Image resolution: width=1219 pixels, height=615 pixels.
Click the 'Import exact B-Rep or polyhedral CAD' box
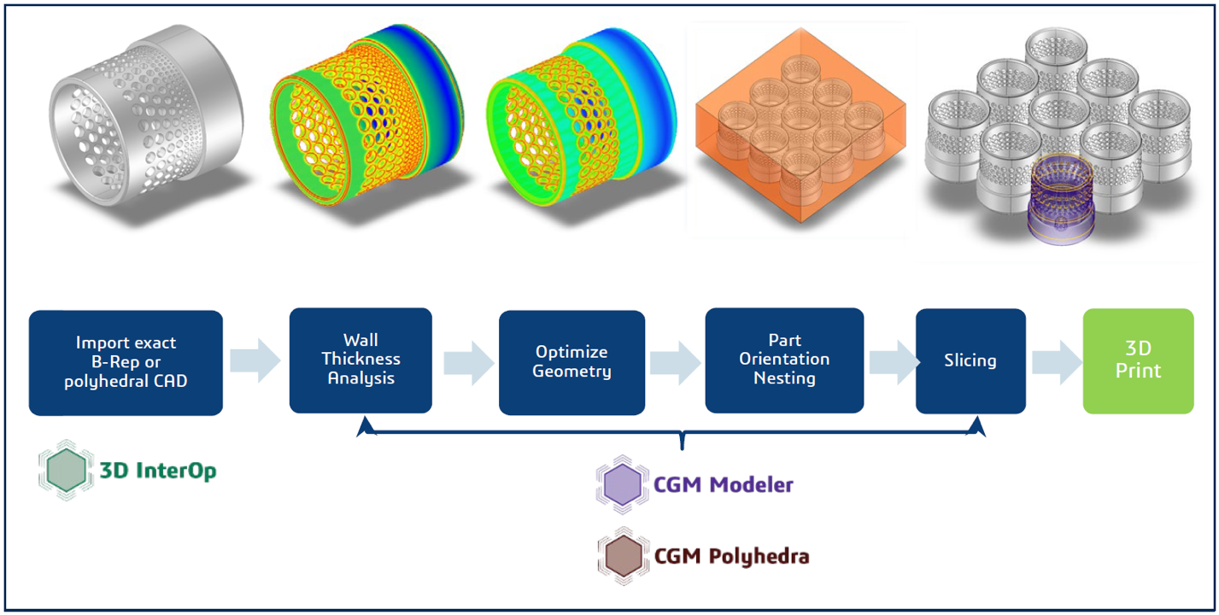[x=126, y=362]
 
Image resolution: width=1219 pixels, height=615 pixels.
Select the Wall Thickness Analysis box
[x=360, y=360]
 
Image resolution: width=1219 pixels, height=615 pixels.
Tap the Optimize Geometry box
[x=571, y=362]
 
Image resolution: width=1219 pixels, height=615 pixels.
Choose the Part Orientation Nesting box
[x=784, y=360]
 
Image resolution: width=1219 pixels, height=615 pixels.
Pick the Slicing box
[x=970, y=360]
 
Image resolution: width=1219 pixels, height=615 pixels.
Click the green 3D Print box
[x=1138, y=360]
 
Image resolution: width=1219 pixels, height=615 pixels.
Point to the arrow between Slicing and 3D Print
[x=1057, y=362]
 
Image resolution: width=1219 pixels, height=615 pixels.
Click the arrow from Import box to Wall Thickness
[x=255, y=360]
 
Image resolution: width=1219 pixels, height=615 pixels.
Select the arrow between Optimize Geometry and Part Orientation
[x=675, y=363]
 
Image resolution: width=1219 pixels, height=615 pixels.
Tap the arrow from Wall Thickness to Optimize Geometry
[x=469, y=363]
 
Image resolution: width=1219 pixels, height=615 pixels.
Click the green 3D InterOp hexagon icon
[x=66, y=471]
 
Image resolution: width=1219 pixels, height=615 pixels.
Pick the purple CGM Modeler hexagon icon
[x=623, y=485]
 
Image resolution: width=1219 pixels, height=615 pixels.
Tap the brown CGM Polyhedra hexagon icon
[x=624, y=556]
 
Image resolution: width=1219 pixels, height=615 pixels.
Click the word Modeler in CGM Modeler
[x=751, y=484]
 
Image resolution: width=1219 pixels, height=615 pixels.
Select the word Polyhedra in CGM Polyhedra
[x=759, y=557]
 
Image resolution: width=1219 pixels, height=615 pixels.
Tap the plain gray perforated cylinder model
[x=146, y=114]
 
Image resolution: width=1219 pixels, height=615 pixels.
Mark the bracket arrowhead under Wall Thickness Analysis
[x=366, y=426]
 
